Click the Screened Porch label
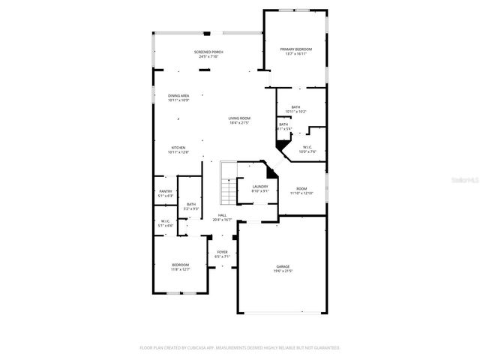coord(211,52)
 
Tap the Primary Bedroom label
coord(295,49)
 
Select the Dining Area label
coord(178,95)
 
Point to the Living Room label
coord(239,118)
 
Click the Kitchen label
coord(178,147)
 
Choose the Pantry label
coord(166,191)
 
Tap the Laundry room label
coord(260,187)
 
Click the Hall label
coord(222,215)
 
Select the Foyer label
coord(222,251)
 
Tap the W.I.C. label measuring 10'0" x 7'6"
coord(307,147)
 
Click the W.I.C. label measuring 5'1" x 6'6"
coord(166,221)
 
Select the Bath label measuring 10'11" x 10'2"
coord(295,107)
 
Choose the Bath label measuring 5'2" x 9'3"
coord(191,204)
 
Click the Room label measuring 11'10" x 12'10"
coord(301,188)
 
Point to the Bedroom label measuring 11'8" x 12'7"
coord(180,265)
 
